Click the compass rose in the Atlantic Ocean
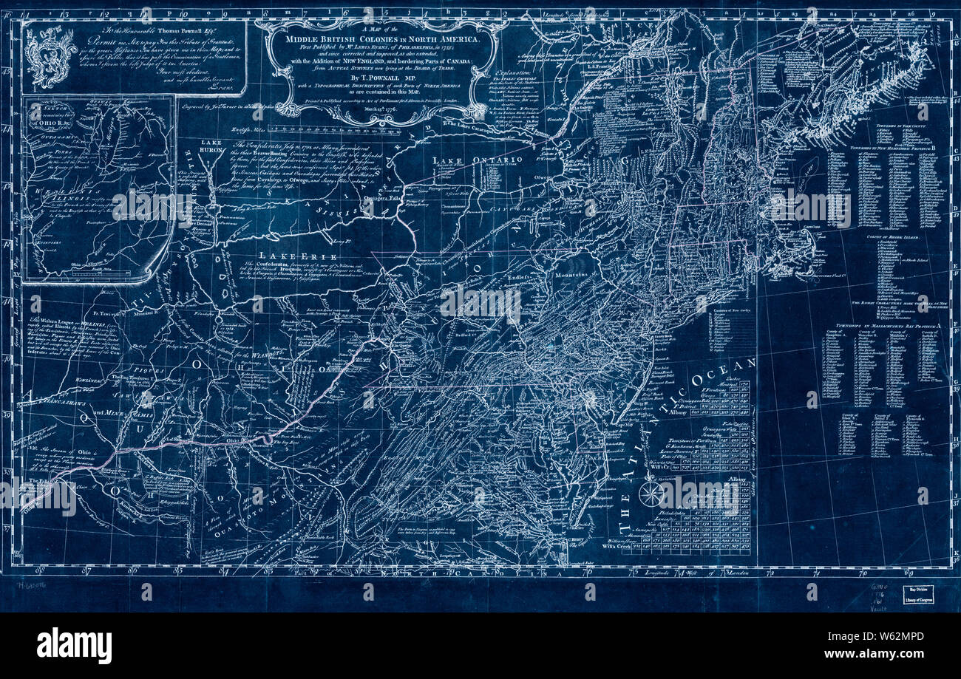click(651, 493)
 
